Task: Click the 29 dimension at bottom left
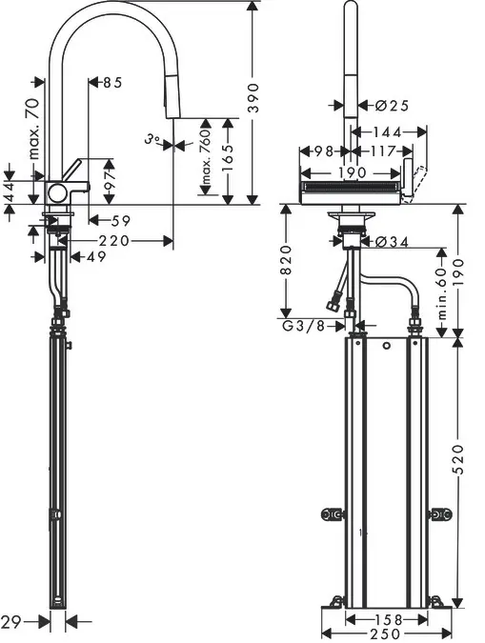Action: tap(12, 621)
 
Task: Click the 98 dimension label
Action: tap(324, 151)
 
